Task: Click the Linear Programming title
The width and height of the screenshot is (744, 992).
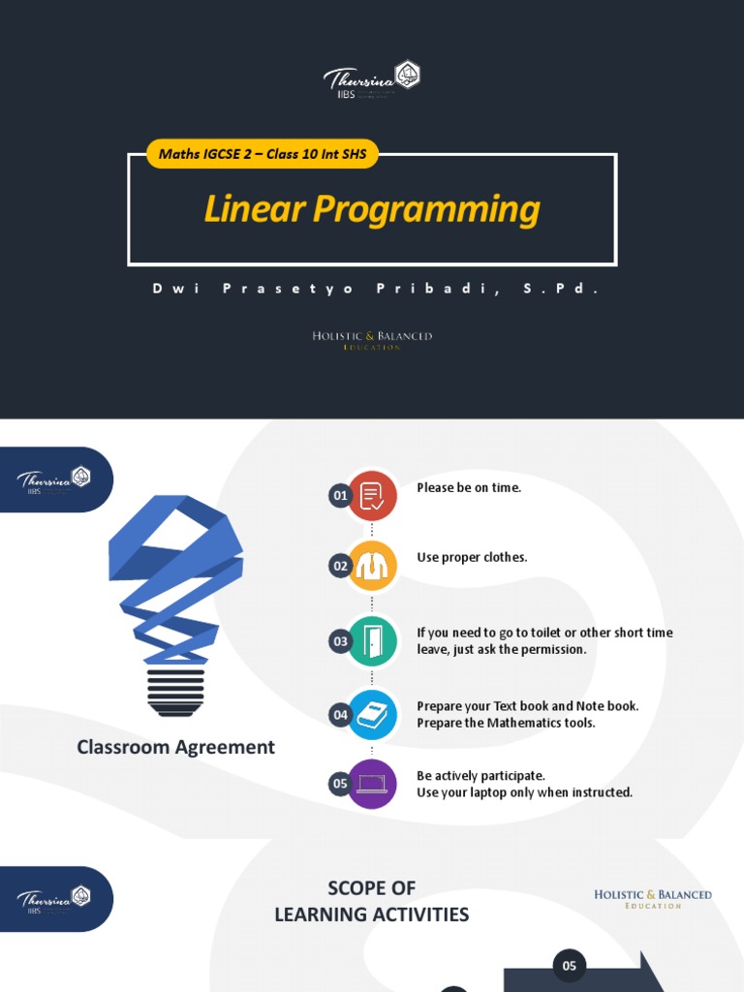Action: [372, 210]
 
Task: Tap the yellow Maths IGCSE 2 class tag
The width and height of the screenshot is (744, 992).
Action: [262, 154]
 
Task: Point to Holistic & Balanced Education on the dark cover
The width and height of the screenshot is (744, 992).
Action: [372, 339]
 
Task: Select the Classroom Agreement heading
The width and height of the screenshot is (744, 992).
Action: [175, 747]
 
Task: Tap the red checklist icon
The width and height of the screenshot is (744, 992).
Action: [372, 496]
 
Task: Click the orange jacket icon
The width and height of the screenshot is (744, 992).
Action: [372, 567]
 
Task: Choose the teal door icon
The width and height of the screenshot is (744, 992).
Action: [372, 640]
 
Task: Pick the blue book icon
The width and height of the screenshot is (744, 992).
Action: [372, 715]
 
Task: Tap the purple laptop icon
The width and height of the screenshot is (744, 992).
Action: [372, 784]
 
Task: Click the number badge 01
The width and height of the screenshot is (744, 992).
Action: [340, 496]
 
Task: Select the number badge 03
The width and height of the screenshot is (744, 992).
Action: [340, 640]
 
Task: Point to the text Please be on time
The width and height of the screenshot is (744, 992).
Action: [469, 487]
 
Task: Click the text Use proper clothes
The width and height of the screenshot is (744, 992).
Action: [472, 557]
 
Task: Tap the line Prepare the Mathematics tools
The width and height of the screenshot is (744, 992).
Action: [506, 723]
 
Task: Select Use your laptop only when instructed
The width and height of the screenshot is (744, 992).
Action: [524, 792]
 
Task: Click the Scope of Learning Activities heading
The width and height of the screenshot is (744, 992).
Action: [372, 901]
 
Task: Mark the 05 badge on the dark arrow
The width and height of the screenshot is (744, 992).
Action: [570, 965]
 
